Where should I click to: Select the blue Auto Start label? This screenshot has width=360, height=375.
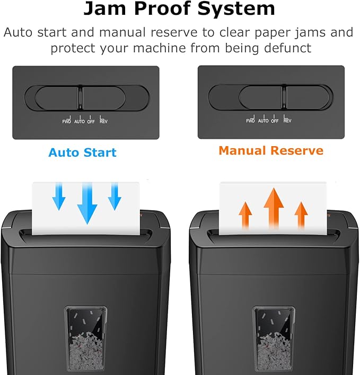point(82,153)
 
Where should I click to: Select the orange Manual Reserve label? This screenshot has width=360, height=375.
point(271,150)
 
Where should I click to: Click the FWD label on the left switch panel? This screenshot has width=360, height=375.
point(67,121)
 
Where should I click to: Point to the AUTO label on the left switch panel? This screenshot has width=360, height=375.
point(79,121)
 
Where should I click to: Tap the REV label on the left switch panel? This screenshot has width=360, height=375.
point(103,121)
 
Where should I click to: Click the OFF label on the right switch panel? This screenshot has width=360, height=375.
point(275,121)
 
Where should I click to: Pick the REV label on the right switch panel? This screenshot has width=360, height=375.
point(287,121)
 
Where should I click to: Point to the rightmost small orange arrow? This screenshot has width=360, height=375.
point(301,214)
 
